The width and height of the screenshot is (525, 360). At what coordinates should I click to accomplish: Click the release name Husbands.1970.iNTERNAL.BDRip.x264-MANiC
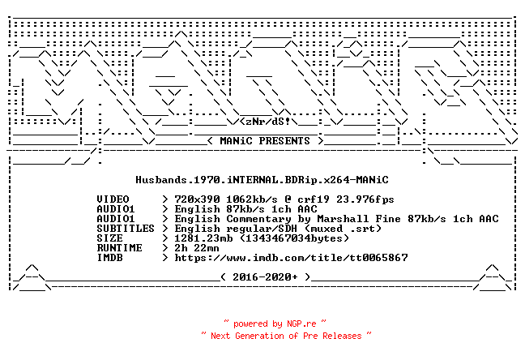click(x=262, y=180)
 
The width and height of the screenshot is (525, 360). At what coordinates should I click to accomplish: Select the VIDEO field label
click(x=113, y=199)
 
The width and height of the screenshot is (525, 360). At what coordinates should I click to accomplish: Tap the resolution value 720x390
click(x=197, y=199)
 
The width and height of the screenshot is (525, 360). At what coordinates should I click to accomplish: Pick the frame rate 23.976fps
click(x=365, y=199)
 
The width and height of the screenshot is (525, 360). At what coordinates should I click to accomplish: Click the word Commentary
click(x=258, y=219)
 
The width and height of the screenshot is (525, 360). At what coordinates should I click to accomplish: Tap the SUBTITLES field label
click(x=126, y=229)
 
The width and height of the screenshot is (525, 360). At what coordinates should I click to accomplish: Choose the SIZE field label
click(x=109, y=238)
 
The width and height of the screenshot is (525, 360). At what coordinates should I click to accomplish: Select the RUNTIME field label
click(x=119, y=248)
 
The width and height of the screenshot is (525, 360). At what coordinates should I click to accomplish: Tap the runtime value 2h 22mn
click(x=197, y=248)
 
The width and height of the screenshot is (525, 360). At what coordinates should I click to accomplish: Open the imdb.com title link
click(x=291, y=257)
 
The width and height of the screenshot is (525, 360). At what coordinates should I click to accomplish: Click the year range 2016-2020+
click(x=265, y=276)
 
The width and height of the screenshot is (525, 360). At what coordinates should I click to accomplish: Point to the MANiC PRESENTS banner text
click(x=265, y=141)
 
